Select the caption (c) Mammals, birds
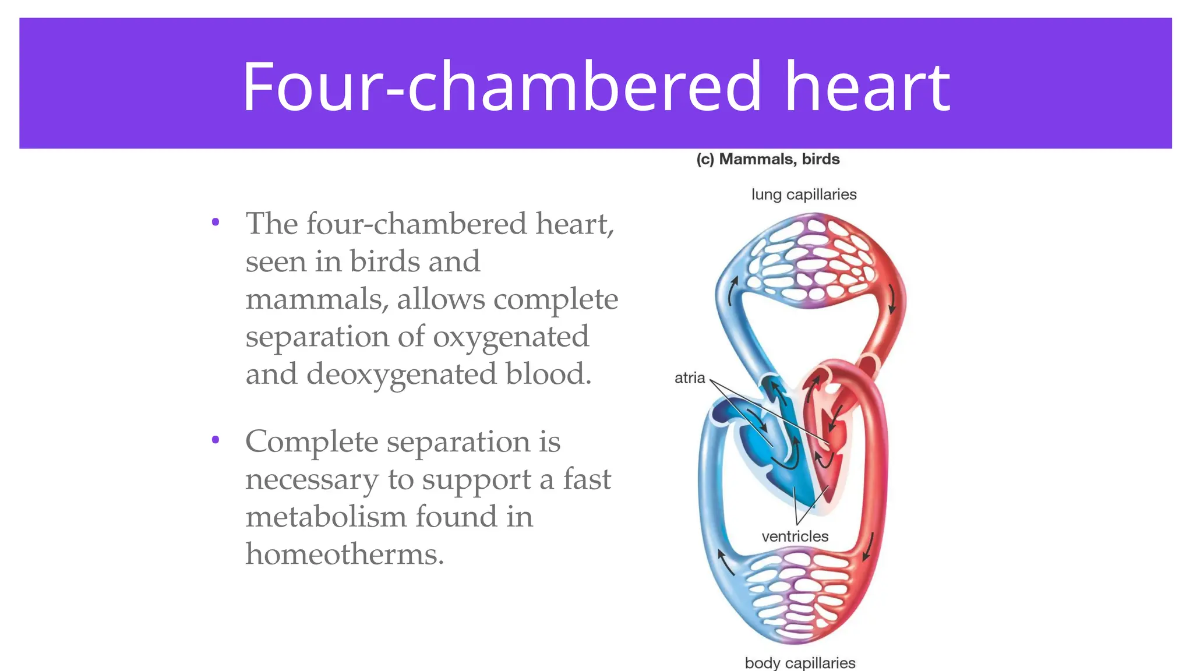[768, 159]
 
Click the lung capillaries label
[804, 195]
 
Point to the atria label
[690, 378]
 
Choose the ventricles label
[795, 536]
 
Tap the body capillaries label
[800, 663]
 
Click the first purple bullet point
[216, 222]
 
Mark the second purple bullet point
[216, 440]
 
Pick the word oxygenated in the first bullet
[511, 337]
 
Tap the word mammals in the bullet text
[315, 299]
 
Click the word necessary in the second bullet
[312, 479]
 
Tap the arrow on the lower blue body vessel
[725, 561]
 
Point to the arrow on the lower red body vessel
[868, 546]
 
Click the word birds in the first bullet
[385, 262]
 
